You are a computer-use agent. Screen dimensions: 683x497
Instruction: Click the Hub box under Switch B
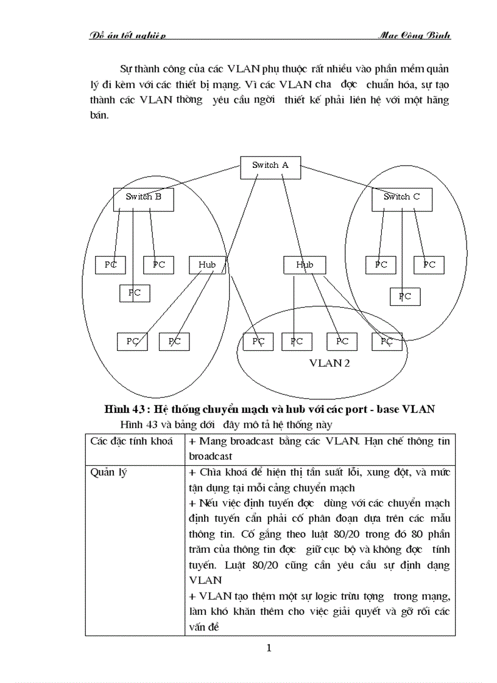pyautogui.click(x=207, y=265)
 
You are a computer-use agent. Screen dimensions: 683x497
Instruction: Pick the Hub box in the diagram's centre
pyautogui.click(x=305, y=265)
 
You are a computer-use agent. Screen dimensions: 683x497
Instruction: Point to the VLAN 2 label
pyautogui.click(x=329, y=364)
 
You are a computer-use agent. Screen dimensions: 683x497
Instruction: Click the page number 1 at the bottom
pyautogui.click(x=269, y=648)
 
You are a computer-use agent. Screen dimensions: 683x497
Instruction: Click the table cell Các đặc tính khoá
pyautogui.click(x=132, y=440)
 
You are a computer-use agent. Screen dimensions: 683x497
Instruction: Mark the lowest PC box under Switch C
pyautogui.click(x=405, y=297)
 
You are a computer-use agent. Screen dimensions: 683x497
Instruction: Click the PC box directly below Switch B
pyautogui.click(x=135, y=293)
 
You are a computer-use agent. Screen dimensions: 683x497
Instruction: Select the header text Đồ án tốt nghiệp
pyautogui.click(x=127, y=36)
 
